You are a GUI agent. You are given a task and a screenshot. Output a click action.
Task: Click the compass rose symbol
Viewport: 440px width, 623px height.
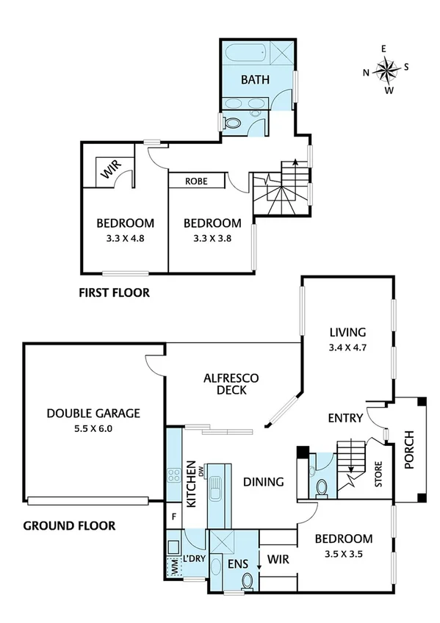pyautogui.click(x=386, y=70)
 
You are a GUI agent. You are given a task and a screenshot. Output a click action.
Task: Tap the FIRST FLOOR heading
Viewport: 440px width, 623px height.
pyautogui.click(x=114, y=292)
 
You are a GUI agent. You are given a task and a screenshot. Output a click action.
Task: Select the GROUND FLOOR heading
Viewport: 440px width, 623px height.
pyautogui.click(x=69, y=525)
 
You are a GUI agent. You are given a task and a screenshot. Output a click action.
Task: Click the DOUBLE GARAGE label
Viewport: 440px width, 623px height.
pyautogui.click(x=93, y=414)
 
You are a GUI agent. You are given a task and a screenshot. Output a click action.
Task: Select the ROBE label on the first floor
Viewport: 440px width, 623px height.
pyautogui.click(x=195, y=181)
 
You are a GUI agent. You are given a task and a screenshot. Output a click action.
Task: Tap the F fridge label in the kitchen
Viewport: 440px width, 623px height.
pyautogui.click(x=174, y=515)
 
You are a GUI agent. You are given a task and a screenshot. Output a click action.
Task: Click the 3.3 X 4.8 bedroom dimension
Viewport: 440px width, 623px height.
pyautogui.click(x=125, y=237)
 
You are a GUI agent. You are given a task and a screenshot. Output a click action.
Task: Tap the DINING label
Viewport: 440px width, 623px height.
pyautogui.click(x=264, y=482)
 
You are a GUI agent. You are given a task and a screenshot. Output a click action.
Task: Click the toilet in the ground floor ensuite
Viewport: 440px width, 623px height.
pyautogui.click(x=248, y=581)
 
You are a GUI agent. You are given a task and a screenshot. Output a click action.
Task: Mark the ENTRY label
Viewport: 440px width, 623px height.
pyautogui.click(x=345, y=418)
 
